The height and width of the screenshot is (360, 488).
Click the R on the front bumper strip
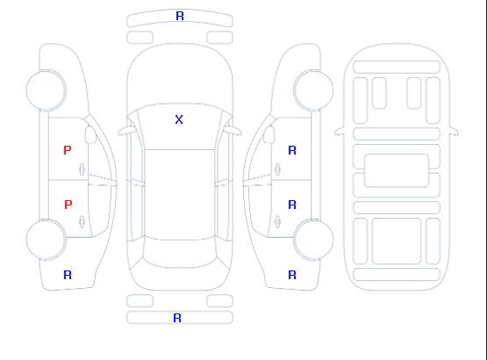[x=180, y=16]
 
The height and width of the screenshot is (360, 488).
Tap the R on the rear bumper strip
[x=177, y=318]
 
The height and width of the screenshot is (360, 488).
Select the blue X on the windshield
[x=179, y=119]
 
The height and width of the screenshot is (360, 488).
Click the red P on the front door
[x=68, y=150]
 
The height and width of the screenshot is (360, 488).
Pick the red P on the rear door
[x=68, y=205]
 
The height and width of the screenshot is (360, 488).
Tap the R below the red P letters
[x=68, y=275]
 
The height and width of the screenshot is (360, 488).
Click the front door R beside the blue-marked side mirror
[x=292, y=150]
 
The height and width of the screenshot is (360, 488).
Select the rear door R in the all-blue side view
[x=292, y=205]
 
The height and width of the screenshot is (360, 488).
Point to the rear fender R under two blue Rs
[x=292, y=275]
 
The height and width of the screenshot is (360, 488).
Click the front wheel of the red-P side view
[x=46, y=90]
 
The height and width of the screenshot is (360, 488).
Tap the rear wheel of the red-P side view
[x=46, y=240]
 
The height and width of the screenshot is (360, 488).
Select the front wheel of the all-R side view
[x=313, y=90]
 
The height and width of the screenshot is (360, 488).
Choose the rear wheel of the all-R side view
[x=313, y=240]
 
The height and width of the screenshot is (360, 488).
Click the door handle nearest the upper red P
[x=83, y=169]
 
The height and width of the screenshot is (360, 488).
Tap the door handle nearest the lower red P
[x=83, y=221]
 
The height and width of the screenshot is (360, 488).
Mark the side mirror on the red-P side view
[x=90, y=134]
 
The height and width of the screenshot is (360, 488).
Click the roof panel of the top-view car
[x=180, y=195]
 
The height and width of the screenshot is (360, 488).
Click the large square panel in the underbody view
[x=397, y=241]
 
